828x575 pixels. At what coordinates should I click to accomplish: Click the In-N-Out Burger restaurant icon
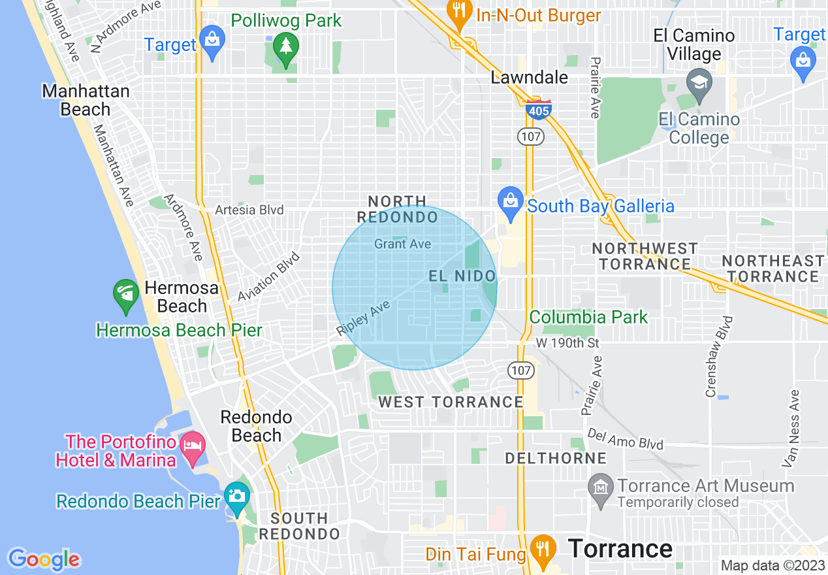[460, 12]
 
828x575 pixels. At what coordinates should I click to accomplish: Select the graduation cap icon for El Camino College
[699, 84]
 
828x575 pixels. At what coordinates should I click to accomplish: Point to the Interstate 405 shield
[539, 110]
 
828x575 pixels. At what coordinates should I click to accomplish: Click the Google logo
[44, 559]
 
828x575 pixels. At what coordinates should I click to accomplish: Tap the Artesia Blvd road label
[250, 210]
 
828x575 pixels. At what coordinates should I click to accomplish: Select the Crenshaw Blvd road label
[718, 357]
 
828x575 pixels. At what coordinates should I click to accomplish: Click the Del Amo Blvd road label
[625, 439]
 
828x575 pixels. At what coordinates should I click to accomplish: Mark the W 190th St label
[567, 343]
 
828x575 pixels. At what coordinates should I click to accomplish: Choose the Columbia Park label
[588, 318]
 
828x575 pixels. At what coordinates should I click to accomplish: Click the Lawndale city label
[530, 78]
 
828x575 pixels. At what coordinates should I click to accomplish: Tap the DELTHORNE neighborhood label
[556, 459]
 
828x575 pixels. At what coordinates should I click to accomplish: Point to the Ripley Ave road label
[363, 318]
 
